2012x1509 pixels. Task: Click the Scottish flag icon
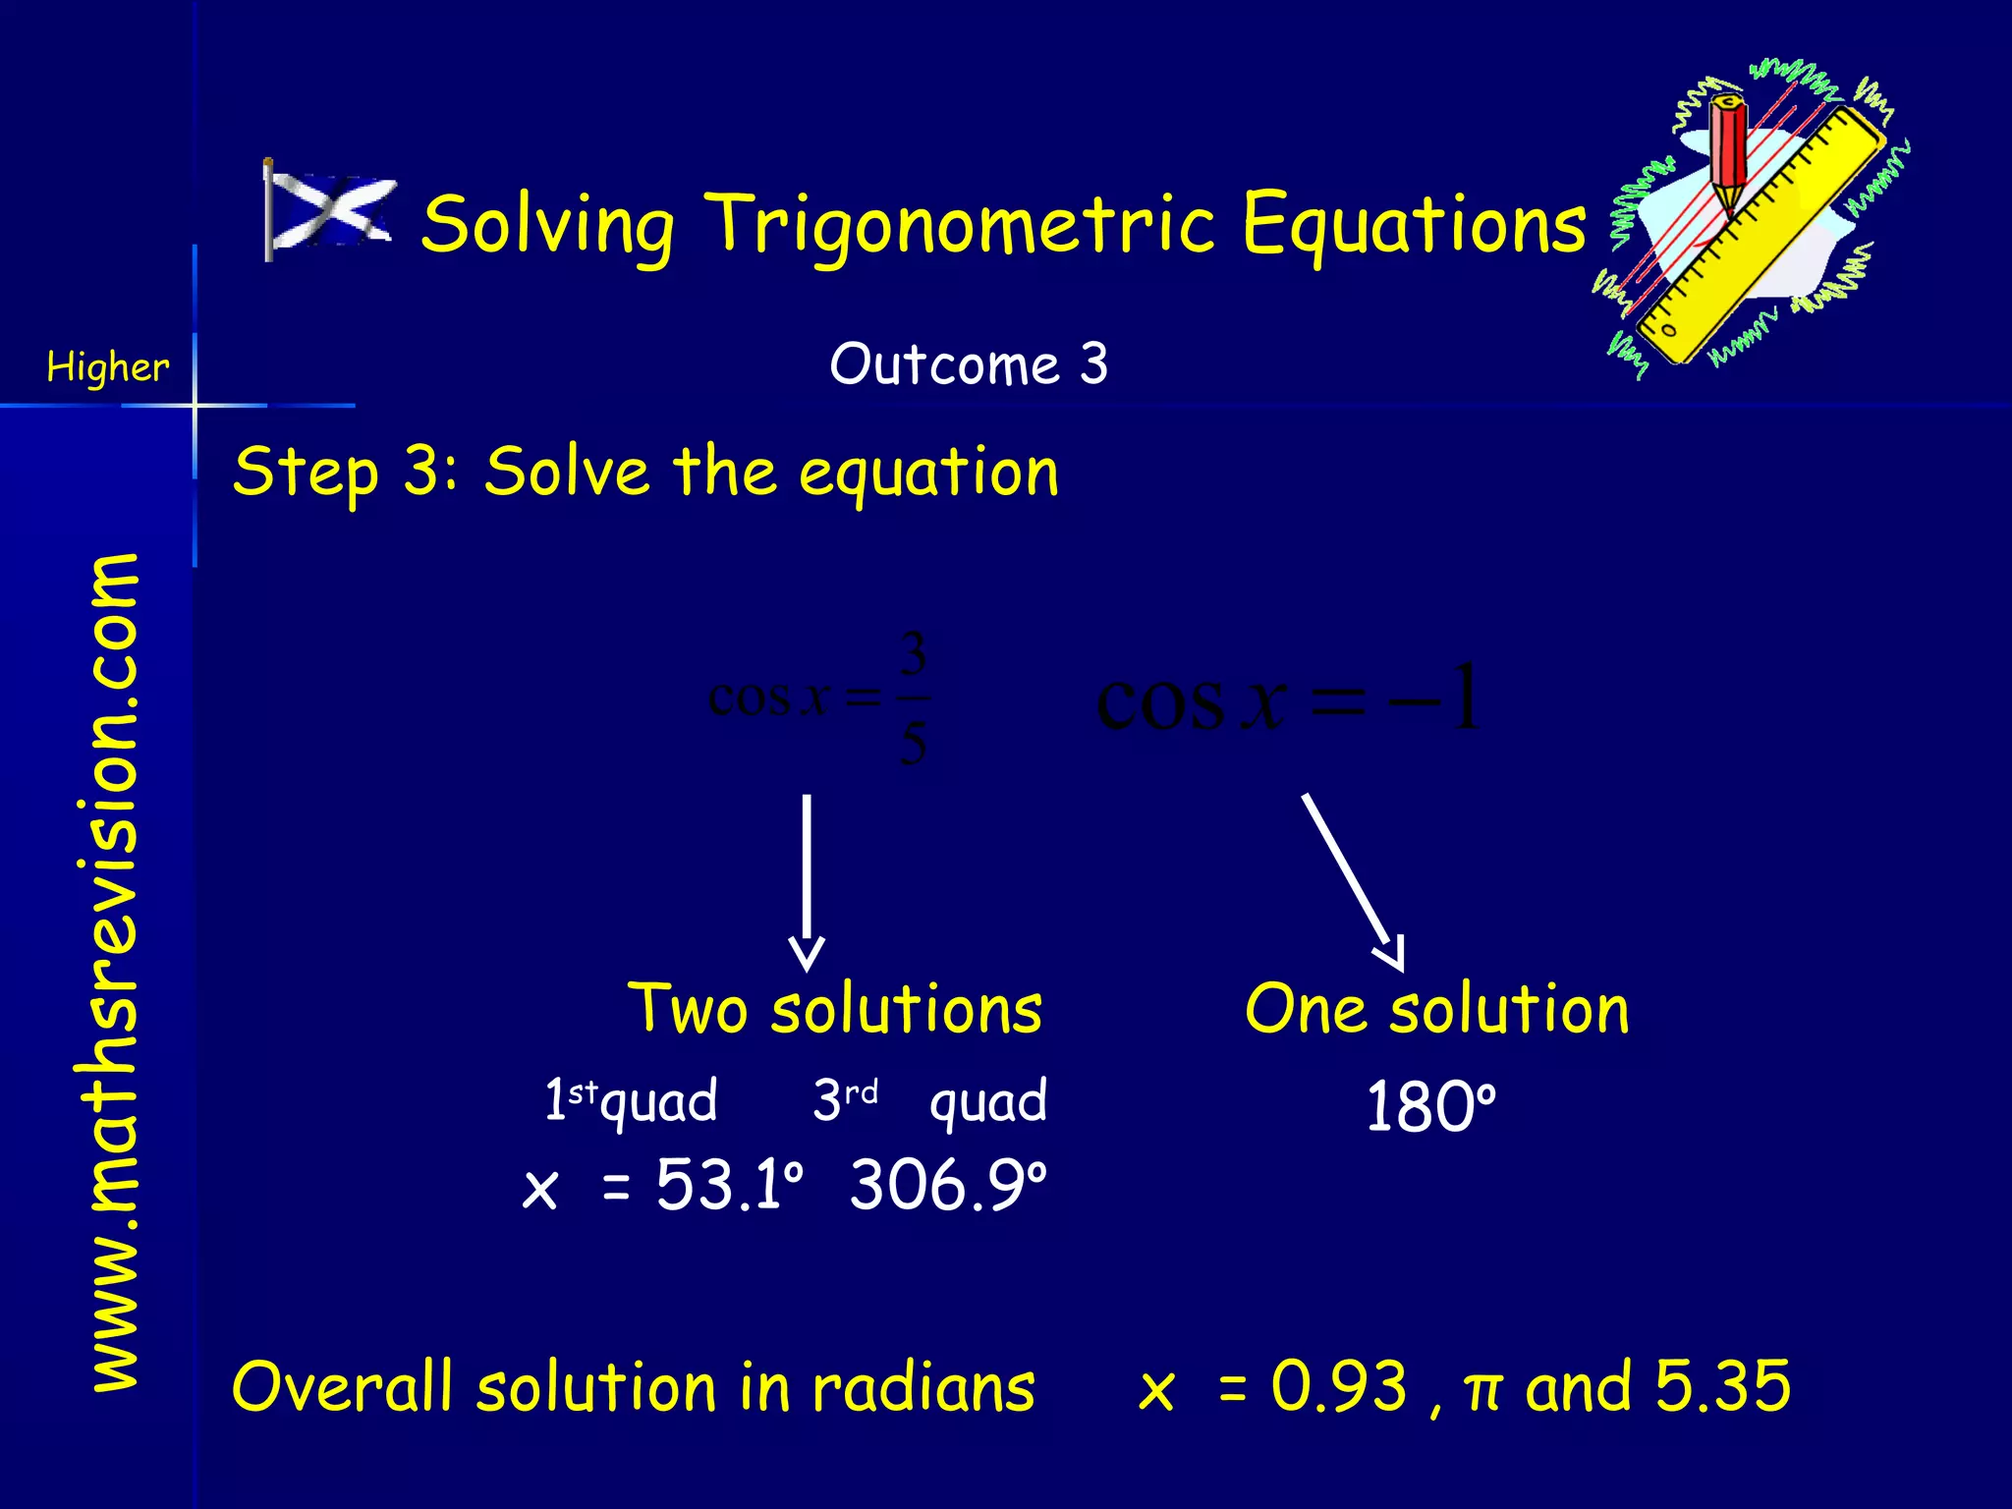pos(329,211)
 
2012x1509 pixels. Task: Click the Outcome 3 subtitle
pos(968,364)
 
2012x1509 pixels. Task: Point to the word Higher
pos(108,367)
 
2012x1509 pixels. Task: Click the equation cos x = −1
pos(1287,699)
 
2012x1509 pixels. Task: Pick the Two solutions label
pos(835,1009)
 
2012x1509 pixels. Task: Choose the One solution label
pos(1436,1009)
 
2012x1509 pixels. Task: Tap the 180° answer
pos(1430,1107)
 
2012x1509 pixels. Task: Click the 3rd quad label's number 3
pos(827,1100)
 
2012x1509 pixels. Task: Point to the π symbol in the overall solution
pos(1482,1389)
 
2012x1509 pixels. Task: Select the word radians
pos(922,1387)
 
